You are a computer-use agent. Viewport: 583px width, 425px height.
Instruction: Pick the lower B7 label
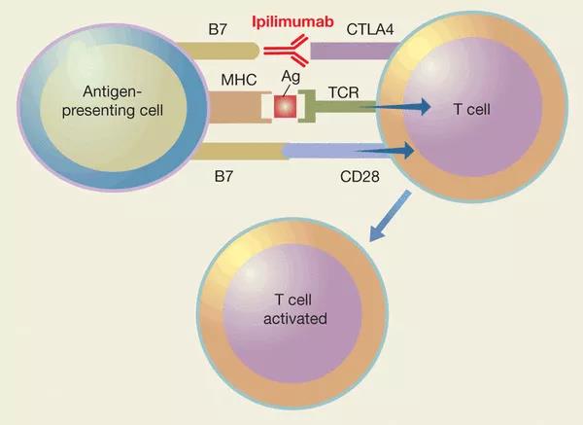(x=220, y=178)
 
